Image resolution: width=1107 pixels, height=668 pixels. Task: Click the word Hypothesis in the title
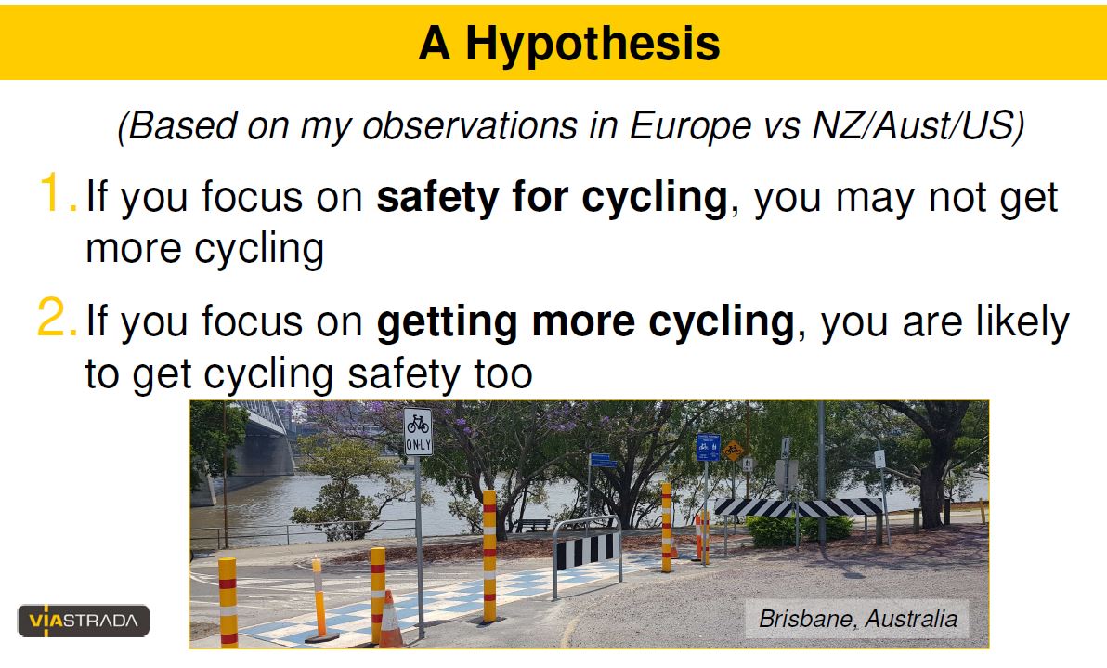(593, 45)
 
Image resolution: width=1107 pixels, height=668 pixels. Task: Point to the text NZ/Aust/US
(918, 126)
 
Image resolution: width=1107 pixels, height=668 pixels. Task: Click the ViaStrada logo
(84, 621)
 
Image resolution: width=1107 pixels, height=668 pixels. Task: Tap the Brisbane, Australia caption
(857, 619)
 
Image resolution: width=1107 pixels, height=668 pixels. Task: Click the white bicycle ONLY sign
(418, 431)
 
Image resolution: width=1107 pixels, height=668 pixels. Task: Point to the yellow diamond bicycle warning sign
(733, 449)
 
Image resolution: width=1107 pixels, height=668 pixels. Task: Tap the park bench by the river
(533, 525)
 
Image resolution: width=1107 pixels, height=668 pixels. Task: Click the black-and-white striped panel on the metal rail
(585, 551)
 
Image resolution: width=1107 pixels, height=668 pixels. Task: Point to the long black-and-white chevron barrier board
(798, 507)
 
